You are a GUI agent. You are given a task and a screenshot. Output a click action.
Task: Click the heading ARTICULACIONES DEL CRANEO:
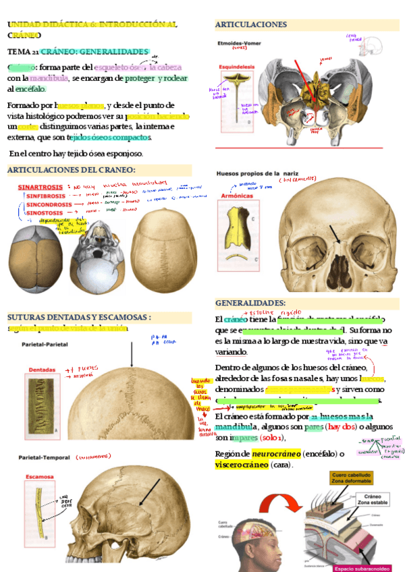[x=71, y=170]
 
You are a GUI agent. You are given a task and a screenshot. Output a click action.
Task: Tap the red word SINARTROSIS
[x=40, y=186]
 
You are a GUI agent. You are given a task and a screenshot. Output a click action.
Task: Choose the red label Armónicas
[x=236, y=196]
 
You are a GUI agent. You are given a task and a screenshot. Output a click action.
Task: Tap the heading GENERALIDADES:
[x=250, y=303]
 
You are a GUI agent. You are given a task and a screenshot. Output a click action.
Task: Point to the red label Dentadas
[x=43, y=370]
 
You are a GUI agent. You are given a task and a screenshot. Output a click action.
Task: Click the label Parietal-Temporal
[x=46, y=457]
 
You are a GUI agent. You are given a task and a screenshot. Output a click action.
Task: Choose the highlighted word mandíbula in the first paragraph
[x=49, y=78]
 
